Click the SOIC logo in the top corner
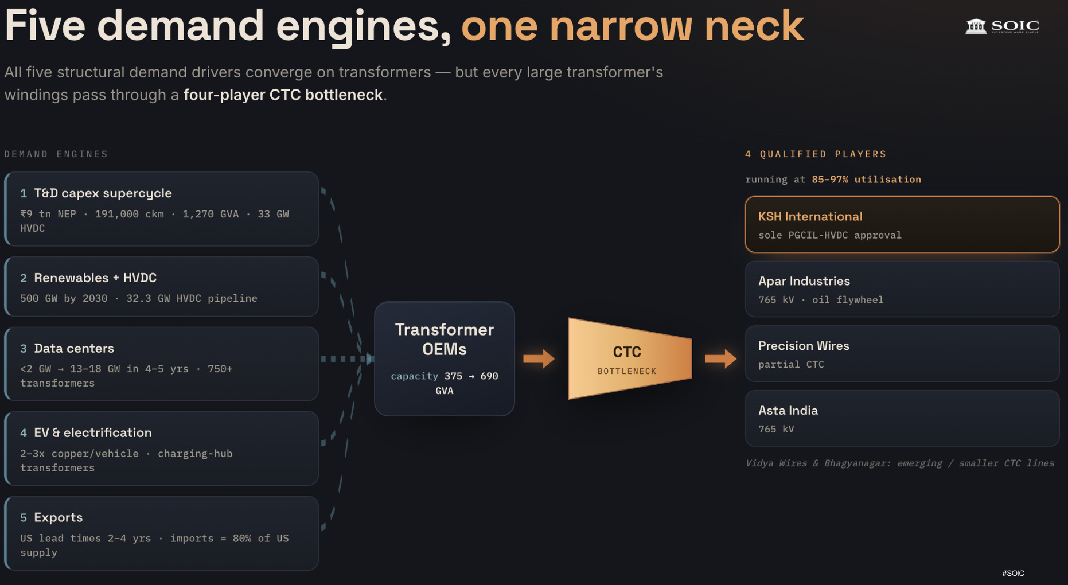coord(1002,26)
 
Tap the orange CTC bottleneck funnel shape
coord(629,358)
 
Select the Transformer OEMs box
coord(445,358)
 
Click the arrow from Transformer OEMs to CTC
coord(539,358)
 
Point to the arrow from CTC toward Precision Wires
coord(720,358)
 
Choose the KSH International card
coord(902,224)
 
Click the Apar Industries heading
coord(804,281)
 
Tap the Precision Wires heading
coord(804,346)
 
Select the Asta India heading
coord(788,411)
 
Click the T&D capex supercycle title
coord(103,193)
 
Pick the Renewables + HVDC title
coord(95,278)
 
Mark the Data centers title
coord(74,348)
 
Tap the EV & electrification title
coord(93,432)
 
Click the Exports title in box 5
coord(58,517)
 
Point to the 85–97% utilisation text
coord(866,180)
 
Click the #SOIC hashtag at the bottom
coord(1013,573)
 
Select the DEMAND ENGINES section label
coord(56,154)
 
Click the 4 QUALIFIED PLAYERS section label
coord(816,154)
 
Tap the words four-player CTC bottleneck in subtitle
coord(283,95)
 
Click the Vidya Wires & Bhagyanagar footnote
coord(899,463)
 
